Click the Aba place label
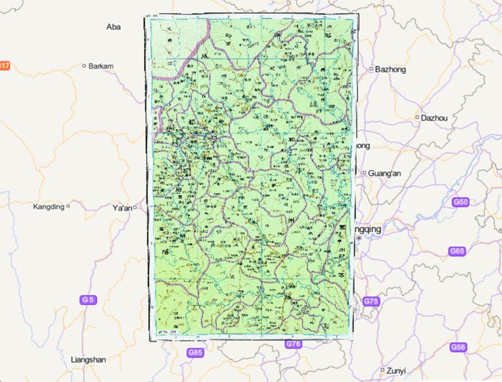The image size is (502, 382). point(114,27)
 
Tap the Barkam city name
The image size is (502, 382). point(101,66)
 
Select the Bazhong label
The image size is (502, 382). point(391,69)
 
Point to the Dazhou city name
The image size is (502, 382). point(435,118)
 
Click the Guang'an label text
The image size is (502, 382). point(384,173)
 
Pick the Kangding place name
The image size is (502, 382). point(48,206)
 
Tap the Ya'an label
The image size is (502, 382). point(122,208)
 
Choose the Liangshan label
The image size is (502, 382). point(88,359)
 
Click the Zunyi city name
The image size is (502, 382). point(396,370)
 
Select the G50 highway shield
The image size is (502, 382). point(460,202)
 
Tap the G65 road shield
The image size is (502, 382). point(458,251)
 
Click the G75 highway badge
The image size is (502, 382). point(371,301)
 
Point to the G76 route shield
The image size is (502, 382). point(293,344)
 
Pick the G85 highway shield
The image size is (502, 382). point(195,353)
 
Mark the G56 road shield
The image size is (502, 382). point(458,347)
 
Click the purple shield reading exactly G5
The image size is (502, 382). point(88,300)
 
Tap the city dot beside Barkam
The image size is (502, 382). point(84,65)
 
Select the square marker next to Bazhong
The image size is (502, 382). point(371,69)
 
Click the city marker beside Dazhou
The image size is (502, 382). point(417,118)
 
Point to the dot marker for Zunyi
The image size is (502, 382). point(382,370)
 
